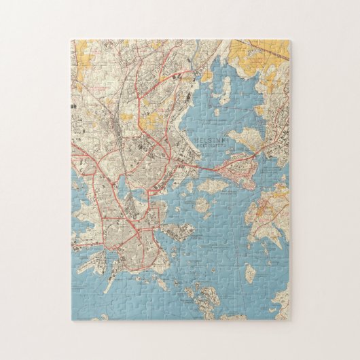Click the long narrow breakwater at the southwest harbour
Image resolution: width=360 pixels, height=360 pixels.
109,284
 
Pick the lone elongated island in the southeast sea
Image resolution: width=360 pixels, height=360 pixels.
251,273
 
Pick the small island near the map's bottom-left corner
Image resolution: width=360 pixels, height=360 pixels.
103,317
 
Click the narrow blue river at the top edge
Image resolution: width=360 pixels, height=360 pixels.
198,46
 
